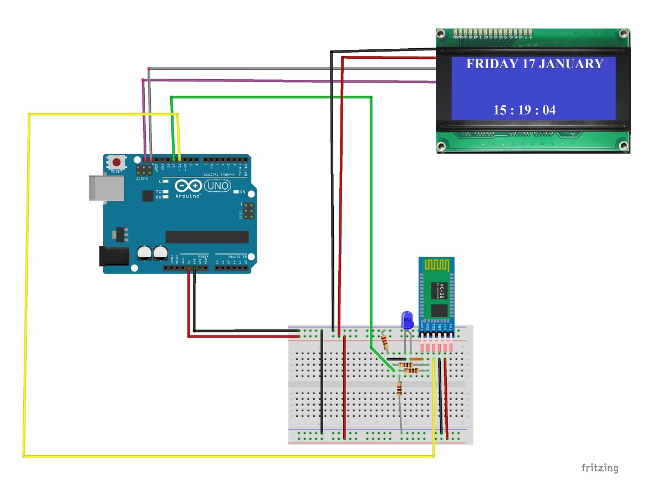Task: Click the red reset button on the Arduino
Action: (x=116, y=162)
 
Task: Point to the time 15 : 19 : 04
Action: (x=525, y=110)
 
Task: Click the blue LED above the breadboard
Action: (x=408, y=320)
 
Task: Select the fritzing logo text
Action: (x=599, y=467)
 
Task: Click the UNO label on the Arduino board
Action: (x=217, y=186)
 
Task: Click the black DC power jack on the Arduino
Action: (x=113, y=256)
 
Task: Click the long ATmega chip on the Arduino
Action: (x=207, y=237)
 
